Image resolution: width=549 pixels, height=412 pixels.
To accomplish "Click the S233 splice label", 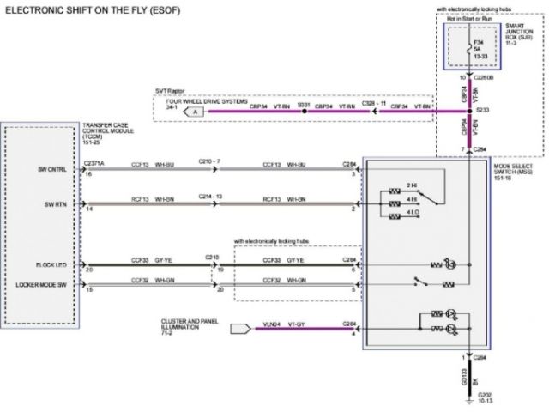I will tap(483, 110).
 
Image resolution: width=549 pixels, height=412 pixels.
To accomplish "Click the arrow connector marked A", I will tap(196, 112).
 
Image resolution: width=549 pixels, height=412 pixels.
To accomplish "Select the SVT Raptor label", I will tap(171, 89).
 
